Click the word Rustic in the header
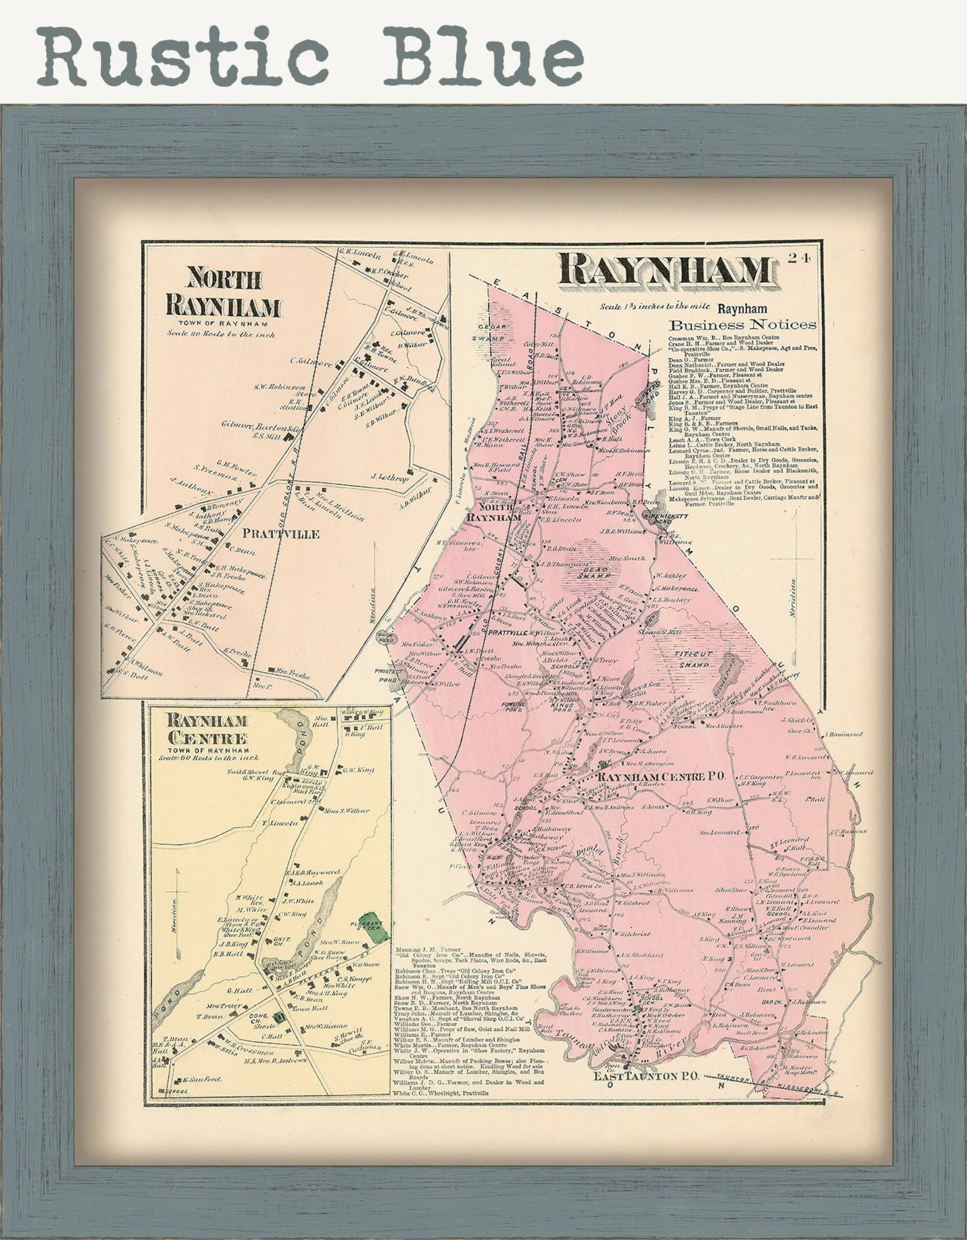[183, 56]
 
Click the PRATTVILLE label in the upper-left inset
[281, 534]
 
